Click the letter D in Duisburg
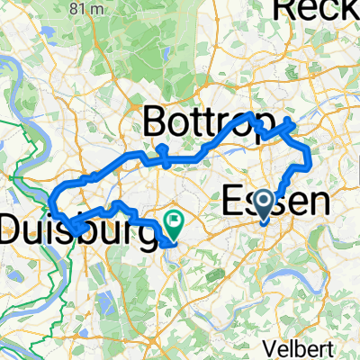click(x=13, y=229)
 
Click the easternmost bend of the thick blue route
click(x=309, y=159)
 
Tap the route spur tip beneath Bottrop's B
click(x=161, y=147)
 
